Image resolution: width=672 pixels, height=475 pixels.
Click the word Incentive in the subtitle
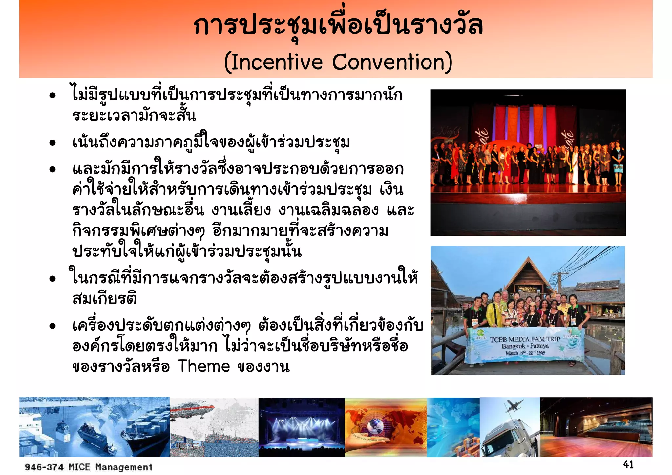tap(277, 62)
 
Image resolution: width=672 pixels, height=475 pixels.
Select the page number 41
tap(628, 464)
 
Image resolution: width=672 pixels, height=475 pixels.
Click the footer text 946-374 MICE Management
tap(89, 467)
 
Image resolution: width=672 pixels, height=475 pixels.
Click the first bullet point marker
tap(52, 96)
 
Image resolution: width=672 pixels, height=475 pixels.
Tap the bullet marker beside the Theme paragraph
tap(52, 326)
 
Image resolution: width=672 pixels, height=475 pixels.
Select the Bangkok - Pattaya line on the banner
tap(525, 346)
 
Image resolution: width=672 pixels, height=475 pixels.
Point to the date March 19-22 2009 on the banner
tap(525, 353)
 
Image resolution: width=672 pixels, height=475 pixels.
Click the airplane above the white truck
tap(514, 406)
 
